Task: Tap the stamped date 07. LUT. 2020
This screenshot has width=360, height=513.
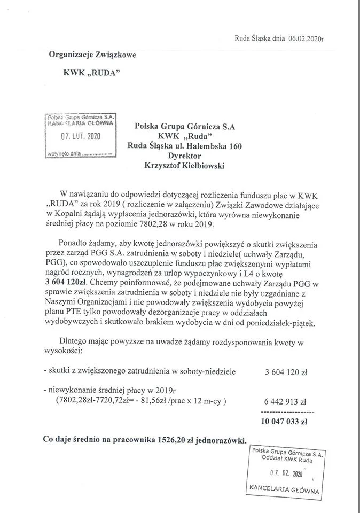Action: point(80,136)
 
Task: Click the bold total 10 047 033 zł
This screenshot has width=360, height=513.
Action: point(284,421)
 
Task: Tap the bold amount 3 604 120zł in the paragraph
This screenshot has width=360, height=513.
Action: point(69,283)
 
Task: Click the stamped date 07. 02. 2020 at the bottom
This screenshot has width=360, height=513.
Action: point(286,474)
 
